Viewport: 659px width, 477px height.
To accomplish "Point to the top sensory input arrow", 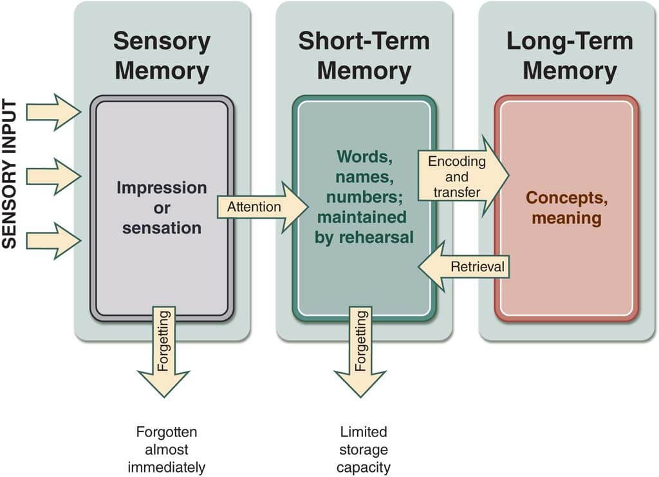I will [x=51, y=112].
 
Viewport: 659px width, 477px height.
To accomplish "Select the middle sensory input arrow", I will [x=51, y=176].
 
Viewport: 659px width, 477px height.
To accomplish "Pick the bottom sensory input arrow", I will [x=51, y=240].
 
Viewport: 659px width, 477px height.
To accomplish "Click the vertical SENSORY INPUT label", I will [x=10, y=174].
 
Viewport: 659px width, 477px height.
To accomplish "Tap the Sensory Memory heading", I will [x=162, y=56].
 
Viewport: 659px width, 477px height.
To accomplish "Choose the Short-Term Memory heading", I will [x=364, y=56].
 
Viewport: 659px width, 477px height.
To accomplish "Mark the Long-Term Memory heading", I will [x=569, y=56].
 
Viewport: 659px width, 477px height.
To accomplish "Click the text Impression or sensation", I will [x=162, y=208].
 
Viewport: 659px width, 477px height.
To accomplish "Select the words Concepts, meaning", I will [x=566, y=208].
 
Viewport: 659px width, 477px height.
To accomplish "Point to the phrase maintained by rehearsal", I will [x=364, y=227].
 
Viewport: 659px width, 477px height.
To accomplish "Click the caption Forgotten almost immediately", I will [x=166, y=449].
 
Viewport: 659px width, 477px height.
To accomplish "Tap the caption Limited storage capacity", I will [x=364, y=449].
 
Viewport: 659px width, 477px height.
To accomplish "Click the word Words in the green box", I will [x=364, y=157].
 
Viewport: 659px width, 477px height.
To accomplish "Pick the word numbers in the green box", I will [x=364, y=195].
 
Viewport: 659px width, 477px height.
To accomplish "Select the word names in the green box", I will [x=364, y=176].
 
